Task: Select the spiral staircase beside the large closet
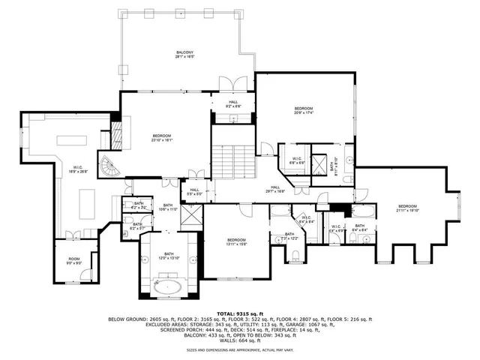tap(110, 169)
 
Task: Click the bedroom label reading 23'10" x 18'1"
tap(163, 137)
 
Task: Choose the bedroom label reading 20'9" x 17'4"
tap(302, 111)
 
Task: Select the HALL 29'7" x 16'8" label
tap(275, 189)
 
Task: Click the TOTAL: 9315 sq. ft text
tap(236, 313)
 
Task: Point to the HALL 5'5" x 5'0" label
tap(194, 192)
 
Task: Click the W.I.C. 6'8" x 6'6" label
tap(297, 160)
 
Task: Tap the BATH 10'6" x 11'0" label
tap(168, 207)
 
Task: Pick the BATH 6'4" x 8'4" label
tap(360, 228)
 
